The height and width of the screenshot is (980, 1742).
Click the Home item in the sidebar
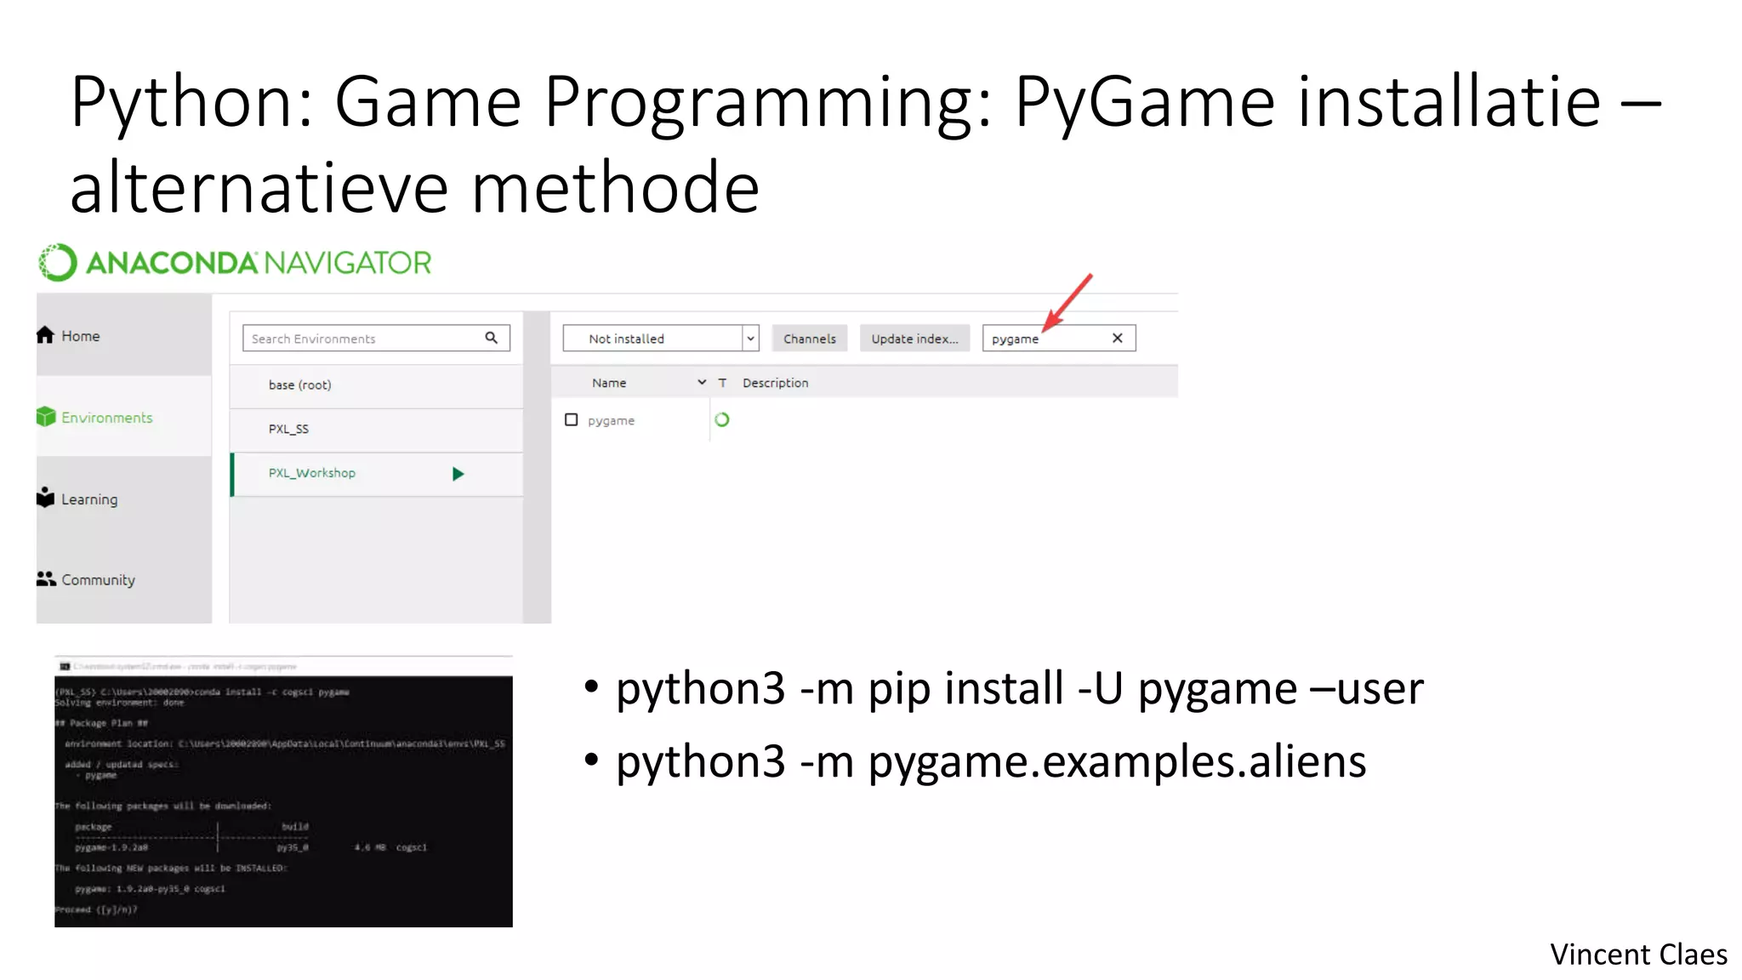click(69, 336)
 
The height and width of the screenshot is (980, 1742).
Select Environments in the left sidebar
click(95, 418)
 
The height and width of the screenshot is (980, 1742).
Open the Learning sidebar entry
click(77, 499)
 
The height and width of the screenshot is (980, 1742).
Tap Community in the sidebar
click(86, 580)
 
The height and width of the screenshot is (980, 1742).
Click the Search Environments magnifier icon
click(492, 338)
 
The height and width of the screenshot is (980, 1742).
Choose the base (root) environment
click(299, 385)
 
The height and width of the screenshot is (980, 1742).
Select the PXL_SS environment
click(288, 429)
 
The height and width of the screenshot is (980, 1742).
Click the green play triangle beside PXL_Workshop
click(458, 474)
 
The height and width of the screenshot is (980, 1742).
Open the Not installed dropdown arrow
click(750, 339)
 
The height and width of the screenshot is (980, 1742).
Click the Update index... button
click(914, 339)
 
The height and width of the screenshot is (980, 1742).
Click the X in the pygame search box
click(1118, 339)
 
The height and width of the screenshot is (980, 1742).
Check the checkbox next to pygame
click(572, 420)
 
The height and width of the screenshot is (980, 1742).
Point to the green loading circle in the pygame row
click(722, 420)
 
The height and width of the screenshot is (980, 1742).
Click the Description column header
click(775, 383)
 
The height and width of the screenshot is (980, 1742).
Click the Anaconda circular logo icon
click(58, 263)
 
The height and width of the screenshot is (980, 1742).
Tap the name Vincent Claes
click(1638, 954)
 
